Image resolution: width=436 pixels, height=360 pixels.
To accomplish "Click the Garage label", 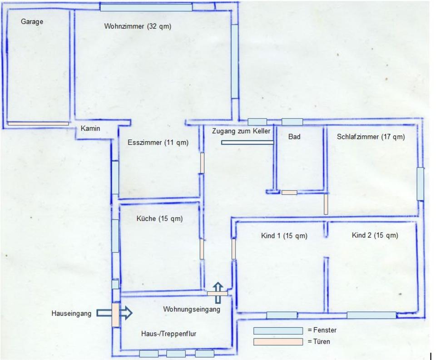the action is coord(32,21).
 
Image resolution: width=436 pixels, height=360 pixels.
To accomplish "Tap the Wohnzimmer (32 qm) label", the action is coord(138,26).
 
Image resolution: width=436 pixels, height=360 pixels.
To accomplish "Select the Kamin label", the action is coord(90,128).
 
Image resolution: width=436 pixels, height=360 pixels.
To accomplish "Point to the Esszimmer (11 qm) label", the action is coord(158,143).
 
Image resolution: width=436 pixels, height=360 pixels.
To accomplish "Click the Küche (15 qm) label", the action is coord(159,218).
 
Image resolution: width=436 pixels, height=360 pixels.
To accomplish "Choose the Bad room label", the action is coord(294,137).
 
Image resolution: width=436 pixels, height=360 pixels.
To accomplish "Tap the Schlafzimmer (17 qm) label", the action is coord(371,137).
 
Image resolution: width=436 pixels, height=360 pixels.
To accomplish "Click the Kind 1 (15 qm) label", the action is coord(284,236).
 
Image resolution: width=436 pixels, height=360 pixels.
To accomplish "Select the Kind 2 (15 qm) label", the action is coord(375,235).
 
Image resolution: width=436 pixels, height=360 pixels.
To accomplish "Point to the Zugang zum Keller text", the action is coord(241,131).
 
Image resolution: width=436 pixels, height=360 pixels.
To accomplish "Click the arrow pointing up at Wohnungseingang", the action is coord(218,293).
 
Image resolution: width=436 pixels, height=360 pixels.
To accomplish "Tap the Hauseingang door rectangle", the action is coord(115,315).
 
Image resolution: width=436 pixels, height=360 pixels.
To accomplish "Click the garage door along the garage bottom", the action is coord(38,123).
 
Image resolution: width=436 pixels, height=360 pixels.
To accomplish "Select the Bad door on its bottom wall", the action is coord(289,192).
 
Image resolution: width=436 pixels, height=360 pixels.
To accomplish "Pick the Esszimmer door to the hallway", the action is coord(202,163).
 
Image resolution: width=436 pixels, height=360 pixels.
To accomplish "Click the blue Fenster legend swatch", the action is coord(278,330).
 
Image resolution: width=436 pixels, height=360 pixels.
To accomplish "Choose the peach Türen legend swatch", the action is coord(278,342).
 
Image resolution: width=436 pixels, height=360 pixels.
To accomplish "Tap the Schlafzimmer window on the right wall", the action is coord(421,184).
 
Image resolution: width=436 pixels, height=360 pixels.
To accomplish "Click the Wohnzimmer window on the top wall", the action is coord(146,7).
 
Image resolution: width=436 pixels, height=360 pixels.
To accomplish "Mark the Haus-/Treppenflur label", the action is coord(169,334).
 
